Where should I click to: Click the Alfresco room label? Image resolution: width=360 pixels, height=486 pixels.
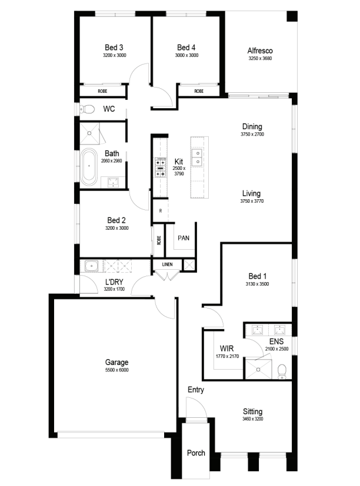coord(260,51)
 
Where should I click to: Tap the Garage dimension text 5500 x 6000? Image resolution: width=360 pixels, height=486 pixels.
coord(116,370)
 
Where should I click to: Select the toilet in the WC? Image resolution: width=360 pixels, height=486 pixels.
coord(87,109)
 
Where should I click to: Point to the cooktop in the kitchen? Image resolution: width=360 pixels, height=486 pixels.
coord(161,167)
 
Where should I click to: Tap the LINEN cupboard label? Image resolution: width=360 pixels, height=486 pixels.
coord(167,264)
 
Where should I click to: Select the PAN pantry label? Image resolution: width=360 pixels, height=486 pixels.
coord(184,238)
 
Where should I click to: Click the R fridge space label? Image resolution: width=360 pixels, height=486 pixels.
coord(161,211)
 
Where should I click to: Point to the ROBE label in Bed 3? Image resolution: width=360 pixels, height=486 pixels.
coord(102,91)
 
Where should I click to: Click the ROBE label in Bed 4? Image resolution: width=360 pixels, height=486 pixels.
coord(199,91)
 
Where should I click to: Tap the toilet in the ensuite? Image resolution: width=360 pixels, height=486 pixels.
coord(282,371)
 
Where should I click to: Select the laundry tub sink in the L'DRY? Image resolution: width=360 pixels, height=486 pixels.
coord(92,266)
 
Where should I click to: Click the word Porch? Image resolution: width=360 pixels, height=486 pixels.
coord(196,453)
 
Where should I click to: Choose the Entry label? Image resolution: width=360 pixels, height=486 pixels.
coord(196,390)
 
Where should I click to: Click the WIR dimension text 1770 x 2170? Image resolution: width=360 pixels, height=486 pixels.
coord(228,356)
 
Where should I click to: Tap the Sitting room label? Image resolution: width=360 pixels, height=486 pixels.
coord(252,411)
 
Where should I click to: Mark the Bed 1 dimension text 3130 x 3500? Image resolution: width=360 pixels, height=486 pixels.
coord(257,284)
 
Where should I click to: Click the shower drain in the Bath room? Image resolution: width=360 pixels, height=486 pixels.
coord(89,133)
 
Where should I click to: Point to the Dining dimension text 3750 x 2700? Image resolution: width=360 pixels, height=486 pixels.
coord(252,134)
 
